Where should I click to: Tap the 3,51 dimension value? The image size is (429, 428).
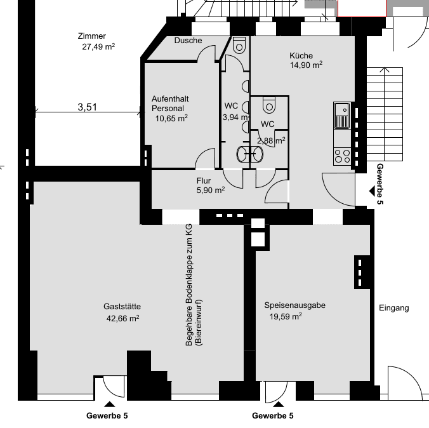pos(87,107)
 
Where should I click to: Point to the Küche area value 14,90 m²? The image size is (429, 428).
pos(306,65)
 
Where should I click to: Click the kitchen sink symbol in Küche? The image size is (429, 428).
pos(341,115)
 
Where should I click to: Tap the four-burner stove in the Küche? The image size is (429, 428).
pos(342,154)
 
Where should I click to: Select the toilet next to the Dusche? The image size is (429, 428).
pos(239,45)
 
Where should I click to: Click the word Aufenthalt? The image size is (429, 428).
pos(169,99)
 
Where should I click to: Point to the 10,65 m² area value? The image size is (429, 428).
pos(171,118)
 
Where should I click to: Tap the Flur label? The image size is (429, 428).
pos(204,180)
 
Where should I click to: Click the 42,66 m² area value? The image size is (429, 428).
pos(121,318)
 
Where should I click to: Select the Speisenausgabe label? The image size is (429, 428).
pos(294,305)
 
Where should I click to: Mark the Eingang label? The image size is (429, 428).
pos(393,308)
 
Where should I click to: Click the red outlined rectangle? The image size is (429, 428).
pos(361,8)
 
